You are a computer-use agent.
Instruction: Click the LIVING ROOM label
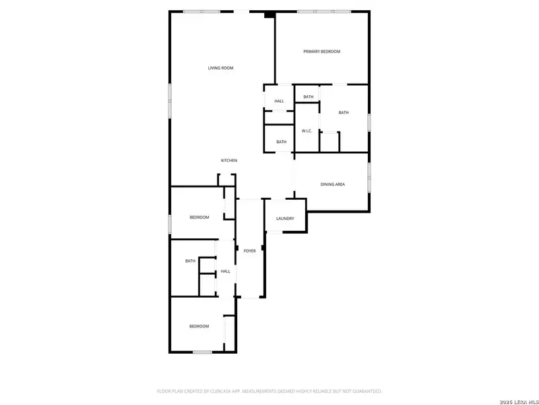coord(220,68)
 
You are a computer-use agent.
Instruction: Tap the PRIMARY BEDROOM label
coord(321,52)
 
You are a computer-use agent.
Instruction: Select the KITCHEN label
coord(229,161)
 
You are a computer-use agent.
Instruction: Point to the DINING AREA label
coord(332,184)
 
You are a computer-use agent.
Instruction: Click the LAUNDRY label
coord(285,219)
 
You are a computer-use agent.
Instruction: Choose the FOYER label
coord(249,251)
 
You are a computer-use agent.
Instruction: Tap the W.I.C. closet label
coord(306,131)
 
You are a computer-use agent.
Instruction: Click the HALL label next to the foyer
coord(225,271)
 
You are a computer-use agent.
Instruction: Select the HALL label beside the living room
coord(279,101)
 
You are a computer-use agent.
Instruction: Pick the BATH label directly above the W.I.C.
coord(308,97)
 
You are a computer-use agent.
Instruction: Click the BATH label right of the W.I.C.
coord(344,113)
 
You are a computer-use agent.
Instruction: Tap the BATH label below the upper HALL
coord(281,142)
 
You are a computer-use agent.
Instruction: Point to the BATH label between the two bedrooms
coord(190,261)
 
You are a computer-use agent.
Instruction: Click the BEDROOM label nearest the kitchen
coord(199,217)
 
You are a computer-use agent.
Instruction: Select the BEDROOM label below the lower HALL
coord(199,327)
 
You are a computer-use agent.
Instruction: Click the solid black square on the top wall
coord(269,14)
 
